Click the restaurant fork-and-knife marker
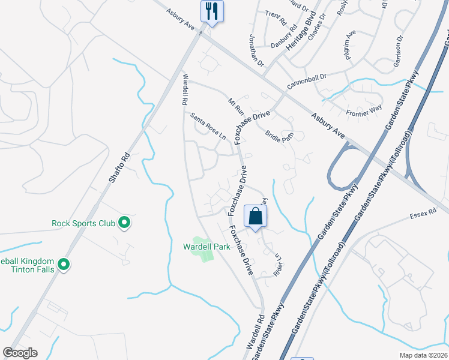point(212,11)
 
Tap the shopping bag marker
point(255,217)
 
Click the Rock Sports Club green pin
point(124,223)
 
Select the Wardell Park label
point(207,247)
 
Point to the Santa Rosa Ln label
point(208,127)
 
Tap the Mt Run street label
point(236,106)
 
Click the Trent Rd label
point(276,18)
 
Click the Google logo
point(20,353)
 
